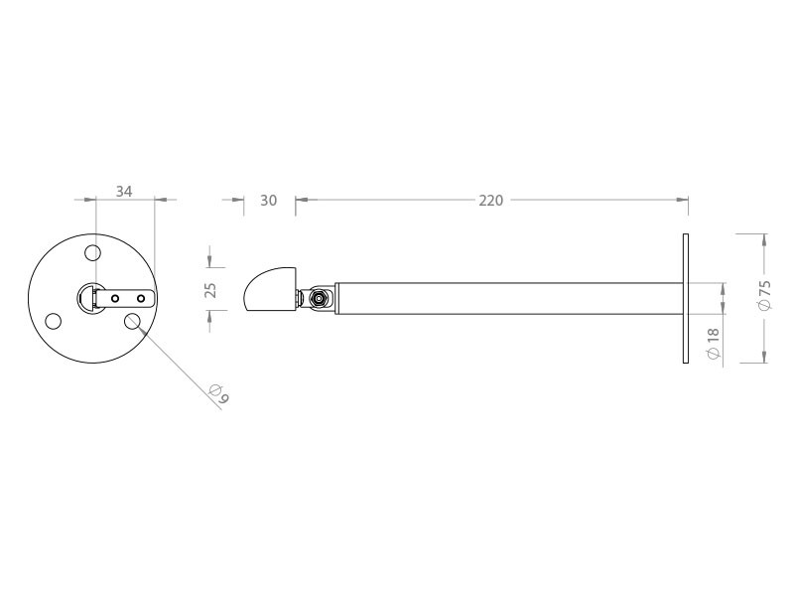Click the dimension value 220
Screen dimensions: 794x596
point(490,201)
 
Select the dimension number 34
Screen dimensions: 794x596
point(124,192)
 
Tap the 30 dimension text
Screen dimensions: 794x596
point(268,201)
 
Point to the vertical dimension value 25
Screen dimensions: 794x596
point(210,290)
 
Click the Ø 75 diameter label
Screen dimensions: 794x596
point(764,295)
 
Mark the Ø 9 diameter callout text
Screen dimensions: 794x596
point(219,394)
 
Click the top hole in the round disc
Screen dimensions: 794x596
point(92,252)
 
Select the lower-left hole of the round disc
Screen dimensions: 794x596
point(54,321)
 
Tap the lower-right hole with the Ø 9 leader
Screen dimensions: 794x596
point(132,321)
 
